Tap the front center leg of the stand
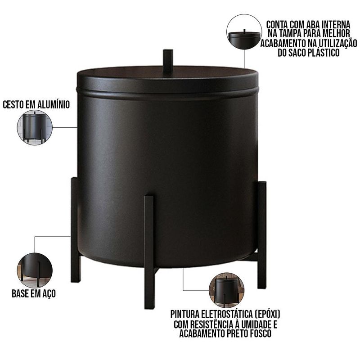149,252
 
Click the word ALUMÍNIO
54,104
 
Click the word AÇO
49,294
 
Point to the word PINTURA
185,314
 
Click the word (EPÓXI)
267,314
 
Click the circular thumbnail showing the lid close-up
244,31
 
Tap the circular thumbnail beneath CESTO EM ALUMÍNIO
35,127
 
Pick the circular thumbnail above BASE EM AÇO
35,270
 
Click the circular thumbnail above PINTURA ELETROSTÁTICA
226,290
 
